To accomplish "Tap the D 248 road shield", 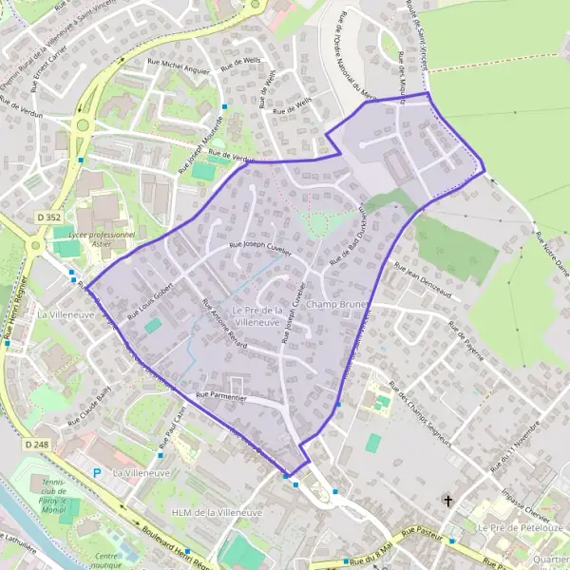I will pos(36,445).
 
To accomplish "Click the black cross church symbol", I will pos(448,500).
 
